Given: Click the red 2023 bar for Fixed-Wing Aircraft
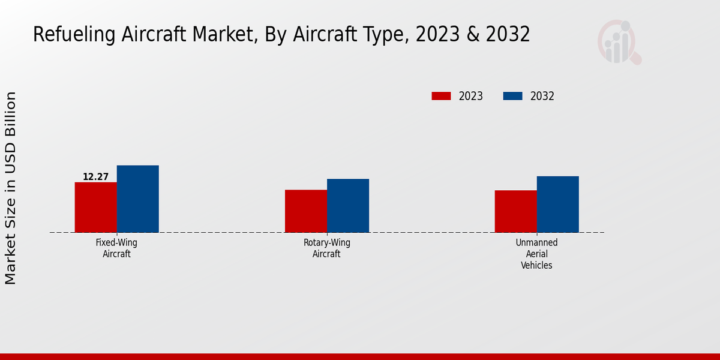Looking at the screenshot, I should click(95, 207).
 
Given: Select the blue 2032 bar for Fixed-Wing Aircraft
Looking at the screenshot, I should click(137, 199).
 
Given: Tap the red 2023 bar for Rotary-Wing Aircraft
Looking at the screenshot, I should click(306, 211).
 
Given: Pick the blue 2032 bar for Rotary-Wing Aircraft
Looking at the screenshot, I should click(348, 205).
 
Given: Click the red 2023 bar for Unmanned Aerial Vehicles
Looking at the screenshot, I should click(515, 211).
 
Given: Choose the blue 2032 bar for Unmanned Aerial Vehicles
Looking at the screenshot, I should click(557, 204).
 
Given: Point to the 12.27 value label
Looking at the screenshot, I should click(95, 177).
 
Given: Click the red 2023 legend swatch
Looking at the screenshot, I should click(441, 96).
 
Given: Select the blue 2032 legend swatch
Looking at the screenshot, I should click(512, 96).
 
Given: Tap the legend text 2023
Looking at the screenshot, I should click(471, 96).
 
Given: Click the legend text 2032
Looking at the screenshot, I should click(542, 96).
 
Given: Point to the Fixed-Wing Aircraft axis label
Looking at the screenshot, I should click(116, 248).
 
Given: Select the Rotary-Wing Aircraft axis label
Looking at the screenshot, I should click(326, 248).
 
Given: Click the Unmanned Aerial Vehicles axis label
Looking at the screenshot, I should click(536, 254).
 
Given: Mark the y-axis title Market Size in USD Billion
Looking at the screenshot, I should click(11, 188).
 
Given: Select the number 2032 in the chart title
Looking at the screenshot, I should click(508, 35).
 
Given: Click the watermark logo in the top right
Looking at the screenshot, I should click(619, 42).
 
